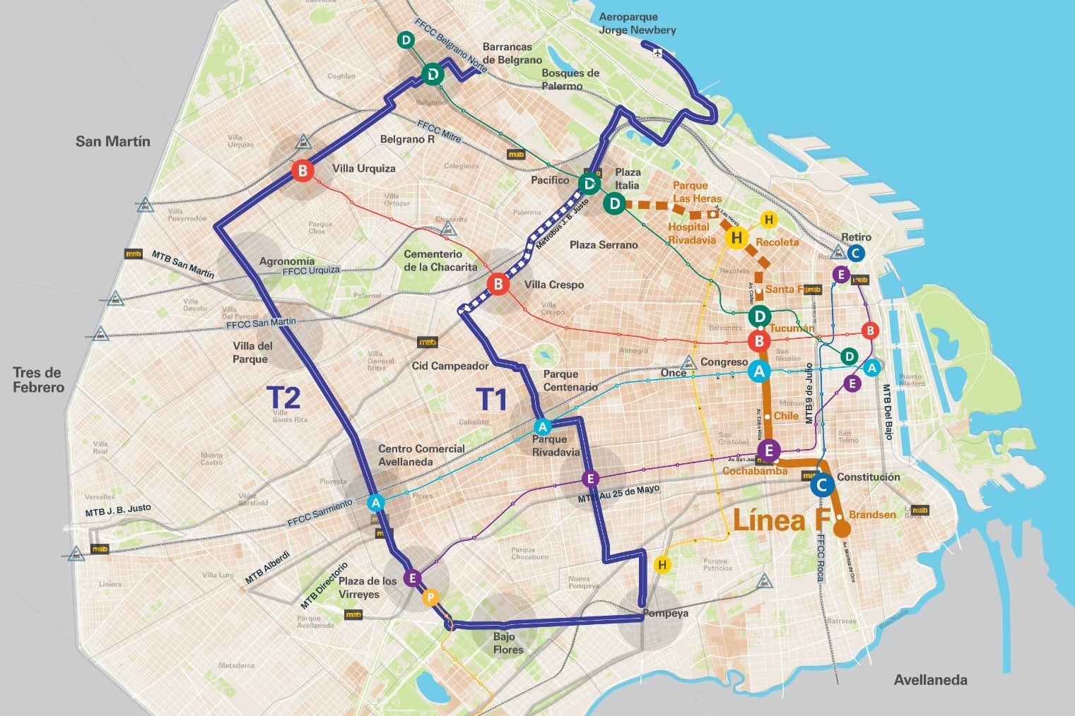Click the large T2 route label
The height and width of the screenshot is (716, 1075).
click(x=283, y=398)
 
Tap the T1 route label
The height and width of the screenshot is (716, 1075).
click(x=492, y=400)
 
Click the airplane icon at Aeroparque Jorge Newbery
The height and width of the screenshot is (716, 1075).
click(x=659, y=52)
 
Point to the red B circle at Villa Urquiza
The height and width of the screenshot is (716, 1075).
click(x=302, y=171)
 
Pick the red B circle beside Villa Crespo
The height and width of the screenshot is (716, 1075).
click(x=498, y=285)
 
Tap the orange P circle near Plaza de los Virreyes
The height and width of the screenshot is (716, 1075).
click(x=430, y=598)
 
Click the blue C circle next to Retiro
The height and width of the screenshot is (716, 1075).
click(x=854, y=253)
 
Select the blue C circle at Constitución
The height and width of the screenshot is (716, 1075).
click(x=821, y=485)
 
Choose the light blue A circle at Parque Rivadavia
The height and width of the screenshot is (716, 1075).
click(x=542, y=426)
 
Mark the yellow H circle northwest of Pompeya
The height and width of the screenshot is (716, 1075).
click(x=662, y=565)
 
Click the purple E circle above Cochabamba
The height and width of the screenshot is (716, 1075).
click(x=769, y=450)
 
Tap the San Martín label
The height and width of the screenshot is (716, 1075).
click(x=113, y=141)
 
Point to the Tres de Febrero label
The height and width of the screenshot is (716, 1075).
click(x=38, y=380)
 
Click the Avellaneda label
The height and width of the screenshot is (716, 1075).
click(x=930, y=680)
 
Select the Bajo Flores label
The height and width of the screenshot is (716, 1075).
click(x=508, y=643)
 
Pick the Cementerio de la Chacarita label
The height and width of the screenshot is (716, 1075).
click(x=440, y=261)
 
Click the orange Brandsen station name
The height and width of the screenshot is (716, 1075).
click(x=872, y=515)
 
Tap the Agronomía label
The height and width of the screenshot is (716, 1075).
click(x=287, y=261)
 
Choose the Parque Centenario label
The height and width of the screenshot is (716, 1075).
click(x=570, y=381)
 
